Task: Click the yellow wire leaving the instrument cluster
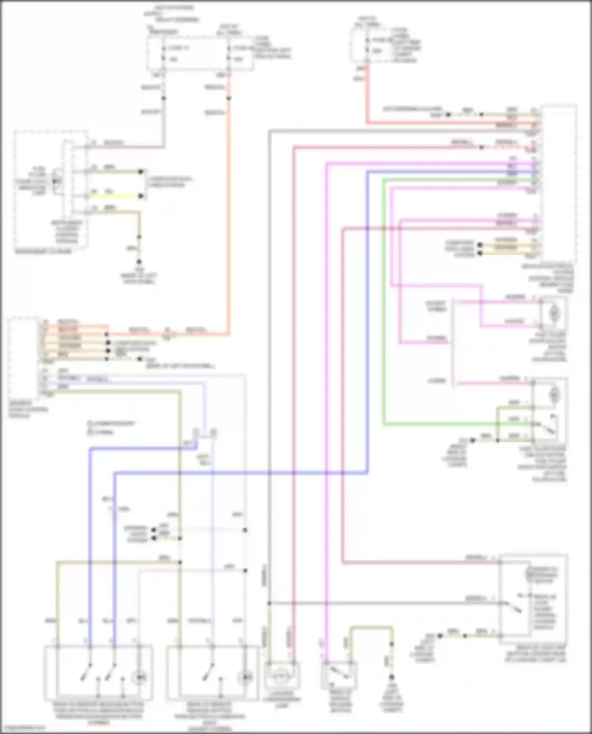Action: [x=114, y=196]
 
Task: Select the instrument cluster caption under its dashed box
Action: [x=43, y=251]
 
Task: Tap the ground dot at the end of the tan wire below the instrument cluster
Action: [x=139, y=261]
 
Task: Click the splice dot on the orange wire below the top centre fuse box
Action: [x=229, y=98]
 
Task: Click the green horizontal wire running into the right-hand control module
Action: [x=454, y=179]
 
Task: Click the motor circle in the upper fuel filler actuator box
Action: [x=554, y=313]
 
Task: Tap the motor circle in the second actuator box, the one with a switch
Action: [x=554, y=393]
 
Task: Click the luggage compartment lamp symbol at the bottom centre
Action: [x=282, y=675]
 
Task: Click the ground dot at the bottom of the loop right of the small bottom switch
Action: [x=392, y=677]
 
